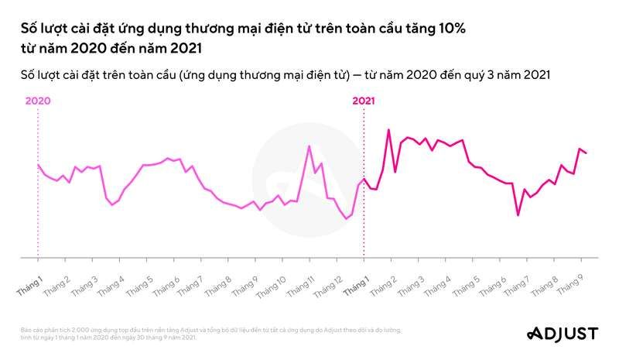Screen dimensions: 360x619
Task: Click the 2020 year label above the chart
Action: point(37,101)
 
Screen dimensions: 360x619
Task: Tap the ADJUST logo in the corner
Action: point(563,334)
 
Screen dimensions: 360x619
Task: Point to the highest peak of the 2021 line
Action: point(388,130)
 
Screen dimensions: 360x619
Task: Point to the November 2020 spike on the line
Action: point(309,146)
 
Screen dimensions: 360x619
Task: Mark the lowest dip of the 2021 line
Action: point(518,214)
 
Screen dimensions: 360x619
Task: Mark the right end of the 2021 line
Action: point(586,153)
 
